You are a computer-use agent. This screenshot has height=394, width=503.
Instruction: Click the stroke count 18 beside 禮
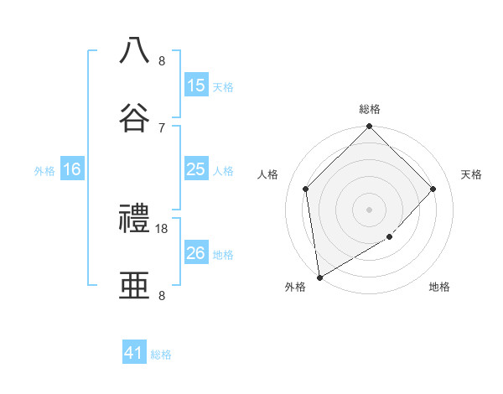163,228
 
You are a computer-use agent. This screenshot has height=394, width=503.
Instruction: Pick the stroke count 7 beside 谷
162,127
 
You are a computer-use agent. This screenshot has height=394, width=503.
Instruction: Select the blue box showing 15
196,86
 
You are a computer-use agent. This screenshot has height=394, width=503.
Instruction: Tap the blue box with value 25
196,169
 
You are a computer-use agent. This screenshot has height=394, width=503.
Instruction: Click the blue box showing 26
196,253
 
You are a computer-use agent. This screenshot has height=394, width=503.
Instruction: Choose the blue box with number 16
72,169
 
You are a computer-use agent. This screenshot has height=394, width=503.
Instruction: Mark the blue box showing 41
134,353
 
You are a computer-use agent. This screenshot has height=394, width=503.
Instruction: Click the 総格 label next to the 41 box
161,355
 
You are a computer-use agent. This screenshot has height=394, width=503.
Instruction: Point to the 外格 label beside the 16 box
44,171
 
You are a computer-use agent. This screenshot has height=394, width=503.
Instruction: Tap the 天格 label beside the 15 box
223,87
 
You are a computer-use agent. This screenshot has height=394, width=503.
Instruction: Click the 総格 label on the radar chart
370,109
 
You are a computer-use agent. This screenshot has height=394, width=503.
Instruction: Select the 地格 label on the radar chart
439,288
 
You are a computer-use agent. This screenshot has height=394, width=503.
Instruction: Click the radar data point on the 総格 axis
370,127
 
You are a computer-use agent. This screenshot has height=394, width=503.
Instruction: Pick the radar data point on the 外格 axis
319,277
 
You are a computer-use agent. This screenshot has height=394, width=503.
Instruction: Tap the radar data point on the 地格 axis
390,237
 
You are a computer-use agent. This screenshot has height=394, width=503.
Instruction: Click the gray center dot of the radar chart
370,209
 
